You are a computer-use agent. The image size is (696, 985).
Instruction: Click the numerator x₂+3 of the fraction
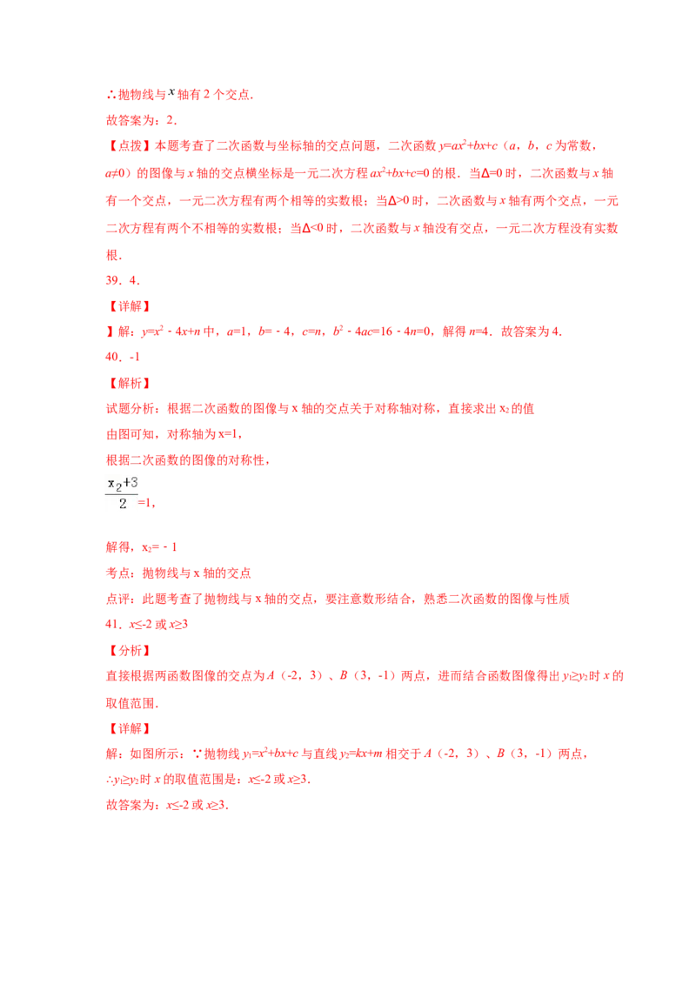[x=122, y=482]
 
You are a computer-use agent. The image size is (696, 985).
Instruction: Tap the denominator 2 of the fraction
[x=122, y=504]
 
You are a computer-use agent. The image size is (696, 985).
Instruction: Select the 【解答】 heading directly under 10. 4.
[x=129, y=306]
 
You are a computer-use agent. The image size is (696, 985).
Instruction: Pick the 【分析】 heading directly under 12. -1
[x=129, y=383]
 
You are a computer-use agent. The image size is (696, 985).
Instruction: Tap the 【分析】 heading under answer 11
[x=129, y=650]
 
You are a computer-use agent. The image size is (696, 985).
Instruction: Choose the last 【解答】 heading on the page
[x=129, y=727]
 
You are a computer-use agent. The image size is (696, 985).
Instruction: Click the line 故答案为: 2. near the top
[x=141, y=120]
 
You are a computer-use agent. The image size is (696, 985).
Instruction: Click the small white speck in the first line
[x=174, y=90]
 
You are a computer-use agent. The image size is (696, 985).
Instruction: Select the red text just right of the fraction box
[x=148, y=503]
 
